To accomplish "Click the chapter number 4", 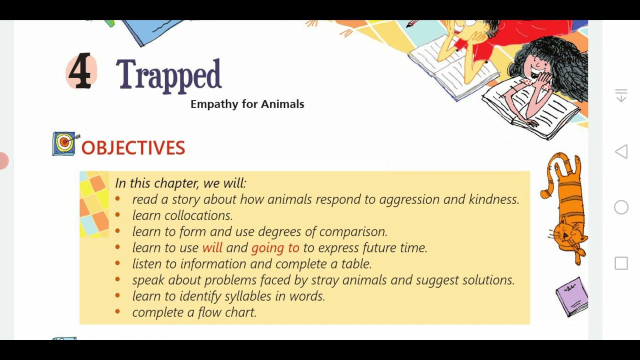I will pyautogui.click(x=80, y=72).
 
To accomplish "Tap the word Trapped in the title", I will pyautogui.click(x=168, y=75).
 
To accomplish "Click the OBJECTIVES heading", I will pyautogui.click(x=133, y=148).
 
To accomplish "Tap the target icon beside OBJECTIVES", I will pyautogui.click(x=64, y=144).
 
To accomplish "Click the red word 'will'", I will pyautogui.click(x=212, y=247).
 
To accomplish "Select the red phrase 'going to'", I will pyautogui.click(x=275, y=247).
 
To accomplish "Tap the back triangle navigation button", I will pyautogui.click(x=621, y=152).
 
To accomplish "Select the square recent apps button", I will pyautogui.click(x=621, y=263).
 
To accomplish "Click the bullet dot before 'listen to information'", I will pyautogui.click(x=117, y=263).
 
